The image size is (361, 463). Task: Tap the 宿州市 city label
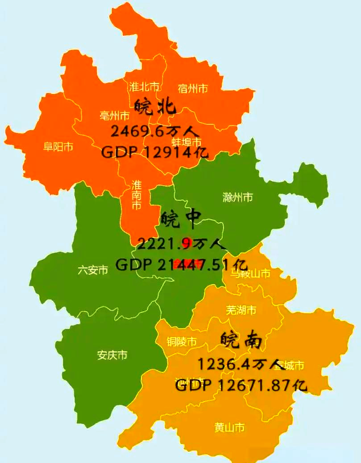pos(193,88)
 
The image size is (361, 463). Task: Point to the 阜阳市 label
pos(58,146)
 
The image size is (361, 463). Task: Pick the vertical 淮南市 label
pos(137,195)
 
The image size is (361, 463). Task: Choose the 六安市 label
pos(93,270)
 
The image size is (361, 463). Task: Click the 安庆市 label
pos(112,355)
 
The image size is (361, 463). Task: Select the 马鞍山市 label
pos(250,273)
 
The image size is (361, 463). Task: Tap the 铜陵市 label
pos(181,342)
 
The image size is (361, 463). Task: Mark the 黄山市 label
pos(229,427)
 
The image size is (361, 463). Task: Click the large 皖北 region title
pos(155,107)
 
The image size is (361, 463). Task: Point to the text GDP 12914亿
pos(155,152)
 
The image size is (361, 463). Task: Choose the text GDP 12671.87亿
pos(241,385)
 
